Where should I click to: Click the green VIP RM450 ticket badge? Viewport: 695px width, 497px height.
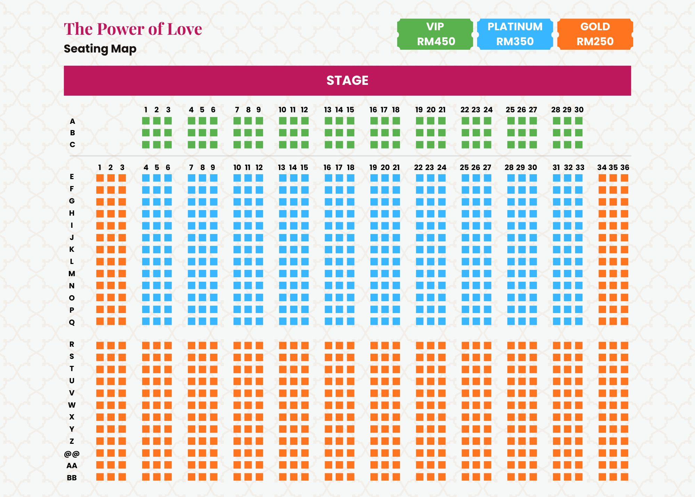tap(435, 34)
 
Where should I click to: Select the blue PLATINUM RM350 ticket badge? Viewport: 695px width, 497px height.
tap(515, 34)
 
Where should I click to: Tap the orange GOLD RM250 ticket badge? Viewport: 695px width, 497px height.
tap(595, 34)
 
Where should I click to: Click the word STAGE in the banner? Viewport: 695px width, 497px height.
tap(347, 81)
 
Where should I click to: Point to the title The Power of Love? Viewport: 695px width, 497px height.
tap(133, 29)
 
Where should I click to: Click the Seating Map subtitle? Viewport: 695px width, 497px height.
tap(100, 49)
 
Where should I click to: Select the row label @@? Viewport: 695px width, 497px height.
tap(72, 454)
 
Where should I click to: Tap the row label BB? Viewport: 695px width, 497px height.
tap(72, 478)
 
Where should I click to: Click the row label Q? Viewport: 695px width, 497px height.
tap(72, 322)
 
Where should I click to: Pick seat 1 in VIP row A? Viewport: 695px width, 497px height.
tap(146, 121)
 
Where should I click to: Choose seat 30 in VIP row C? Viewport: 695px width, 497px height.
tap(579, 145)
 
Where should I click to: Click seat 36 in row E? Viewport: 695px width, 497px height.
tap(624, 178)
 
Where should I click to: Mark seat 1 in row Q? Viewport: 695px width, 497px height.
tap(100, 321)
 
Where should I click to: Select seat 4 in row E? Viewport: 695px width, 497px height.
tap(146, 178)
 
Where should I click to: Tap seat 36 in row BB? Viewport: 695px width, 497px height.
tap(624, 477)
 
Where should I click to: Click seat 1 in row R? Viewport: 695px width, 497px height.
tap(100, 345)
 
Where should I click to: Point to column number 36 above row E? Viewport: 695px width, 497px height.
tap(625, 167)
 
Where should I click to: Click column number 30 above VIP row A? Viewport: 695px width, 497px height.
tap(579, 110)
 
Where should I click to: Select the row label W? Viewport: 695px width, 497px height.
tap(72, 405)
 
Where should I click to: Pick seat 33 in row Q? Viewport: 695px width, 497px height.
tap(579, 321)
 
